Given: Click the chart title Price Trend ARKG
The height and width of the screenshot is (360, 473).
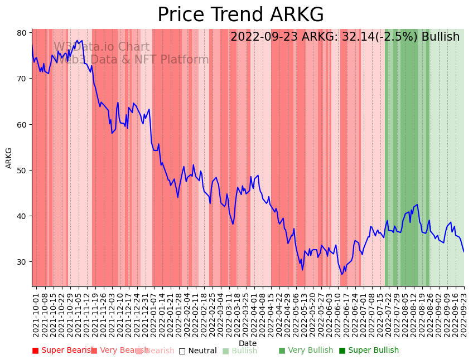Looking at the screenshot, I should tap(240, 15).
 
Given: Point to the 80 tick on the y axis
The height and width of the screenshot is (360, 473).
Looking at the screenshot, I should tap(22, 33).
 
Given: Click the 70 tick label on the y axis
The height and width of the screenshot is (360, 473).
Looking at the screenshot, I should tap(22, 79).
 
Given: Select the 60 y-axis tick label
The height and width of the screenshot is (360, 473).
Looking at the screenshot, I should tap(22, 124).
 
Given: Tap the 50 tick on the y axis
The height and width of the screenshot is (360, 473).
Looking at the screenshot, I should tap(22, 170).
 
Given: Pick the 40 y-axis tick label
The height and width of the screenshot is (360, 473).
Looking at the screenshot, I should tap(22, 216).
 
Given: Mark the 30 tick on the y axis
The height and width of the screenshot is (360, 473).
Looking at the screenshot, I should tap(22, 262).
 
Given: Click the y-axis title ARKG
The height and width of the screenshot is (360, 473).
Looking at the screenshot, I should tap(9, 158).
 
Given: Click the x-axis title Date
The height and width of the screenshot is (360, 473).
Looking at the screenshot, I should tap(248, 343).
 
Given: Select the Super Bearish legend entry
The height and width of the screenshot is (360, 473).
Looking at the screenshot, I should tap(62, 351).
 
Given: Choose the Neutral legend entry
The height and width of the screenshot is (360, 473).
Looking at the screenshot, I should tap(197, 351).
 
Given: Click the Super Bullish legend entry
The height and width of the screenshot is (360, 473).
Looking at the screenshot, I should tap(369, 351).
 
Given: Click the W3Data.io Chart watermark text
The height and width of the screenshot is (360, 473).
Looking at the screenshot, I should tap(102, 47).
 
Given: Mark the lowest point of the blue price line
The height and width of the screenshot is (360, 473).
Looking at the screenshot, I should tap(342, 274).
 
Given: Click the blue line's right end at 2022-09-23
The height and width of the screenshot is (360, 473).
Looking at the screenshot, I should tap(464, 252).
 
